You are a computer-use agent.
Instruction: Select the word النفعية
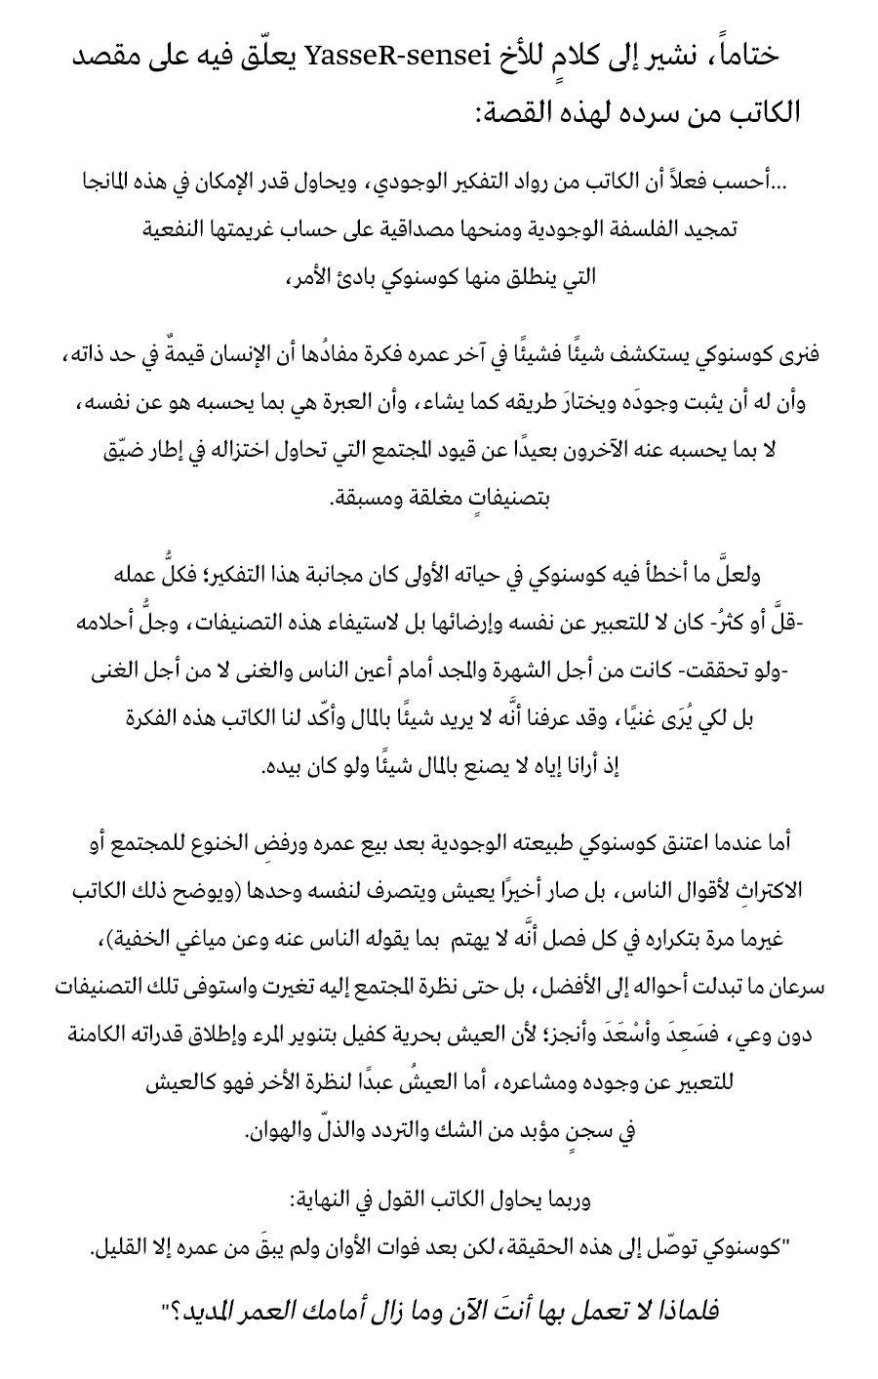point(176,229)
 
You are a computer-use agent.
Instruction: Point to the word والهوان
point(281,1132)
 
